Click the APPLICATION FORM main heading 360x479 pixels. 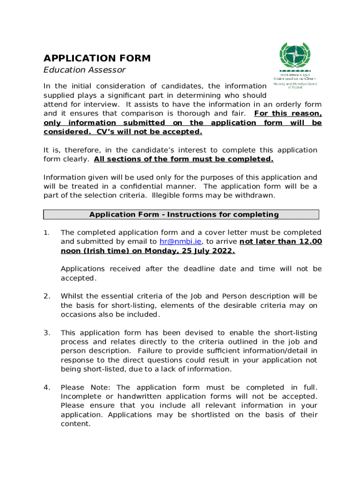(97, 58)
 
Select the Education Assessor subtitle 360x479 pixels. (85, 70)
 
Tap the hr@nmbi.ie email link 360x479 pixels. (174, 242)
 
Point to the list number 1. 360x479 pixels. (46, 233)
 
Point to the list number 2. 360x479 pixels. (46, 297)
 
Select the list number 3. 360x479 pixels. (46, 333)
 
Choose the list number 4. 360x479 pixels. (46, 388)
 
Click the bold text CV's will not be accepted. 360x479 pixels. (149, 132)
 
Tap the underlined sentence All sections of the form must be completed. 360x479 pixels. (183, 159)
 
